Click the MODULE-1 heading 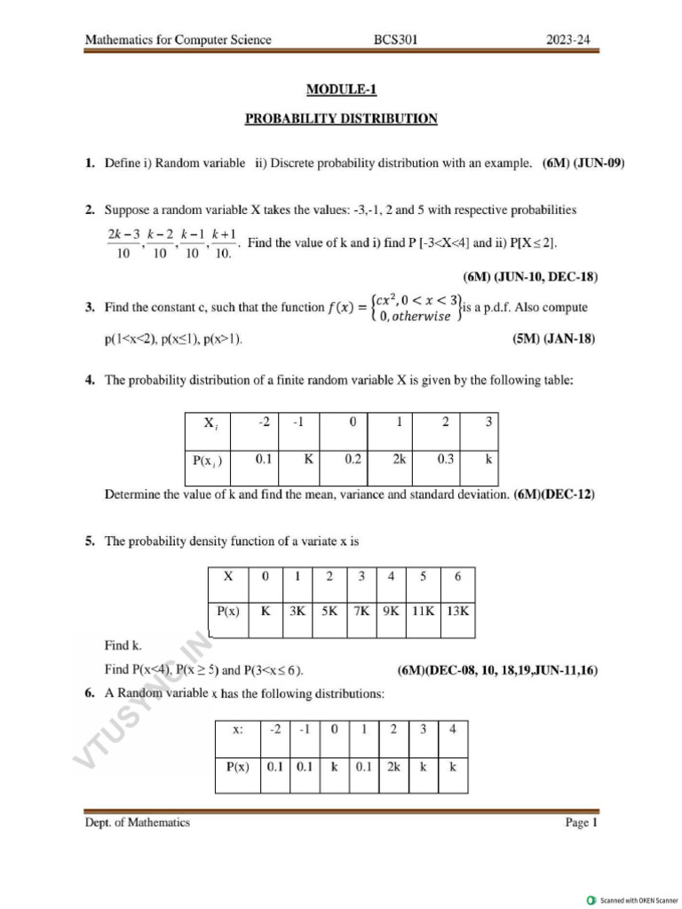point(341,89)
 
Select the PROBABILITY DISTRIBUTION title point(341,118)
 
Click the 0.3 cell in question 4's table point(445,460)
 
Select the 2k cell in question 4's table point(399,460)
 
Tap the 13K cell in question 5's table point(458,612)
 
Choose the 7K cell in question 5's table point(361,612)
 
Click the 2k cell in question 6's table point(393,767)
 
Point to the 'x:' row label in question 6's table point(238,730)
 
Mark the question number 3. point(90,308)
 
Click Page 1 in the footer point(582,823)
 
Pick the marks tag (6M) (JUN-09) point(583,163)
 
